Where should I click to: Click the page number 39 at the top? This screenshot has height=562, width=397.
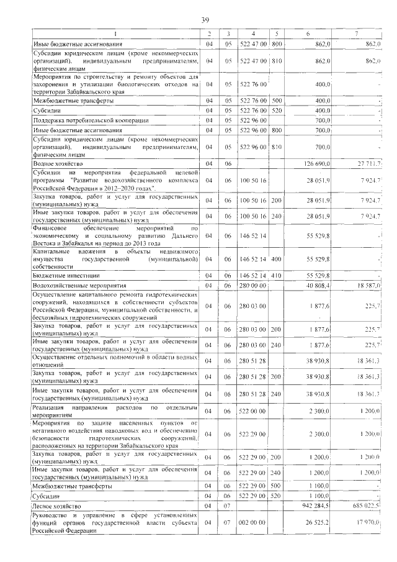pos(204,20)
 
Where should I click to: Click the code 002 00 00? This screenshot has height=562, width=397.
pos(252,523)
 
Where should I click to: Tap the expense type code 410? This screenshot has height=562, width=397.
pos(276,274)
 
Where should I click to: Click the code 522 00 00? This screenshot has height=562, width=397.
pos(252,410)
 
